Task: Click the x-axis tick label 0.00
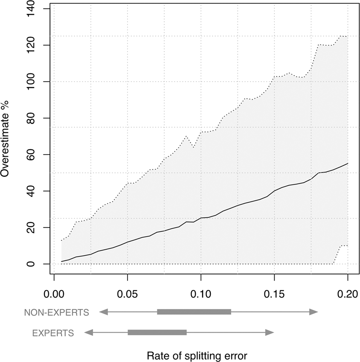[x=54, y=294]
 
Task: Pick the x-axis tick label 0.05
[x=128, y=294]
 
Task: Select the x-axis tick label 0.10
[x=201, y=294]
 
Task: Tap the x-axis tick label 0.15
[x=274, y=294]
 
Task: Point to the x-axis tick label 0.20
[x=348, y=294]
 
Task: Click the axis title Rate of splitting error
[x=197, y=355]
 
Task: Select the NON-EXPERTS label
[x=57, y=312]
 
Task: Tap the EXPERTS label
[x=53, y=333]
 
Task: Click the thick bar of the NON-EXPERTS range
[x=194, y=312]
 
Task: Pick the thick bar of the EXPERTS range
[x=157, y=332]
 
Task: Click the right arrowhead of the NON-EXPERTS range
[x=314, y=312]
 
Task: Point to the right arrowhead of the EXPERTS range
[x=270, y=332]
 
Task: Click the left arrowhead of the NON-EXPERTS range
[x=103, y=312]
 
